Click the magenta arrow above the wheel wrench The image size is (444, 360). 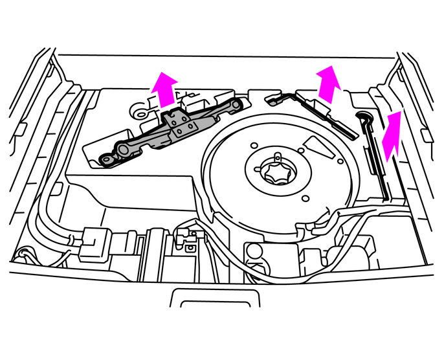[329, 82]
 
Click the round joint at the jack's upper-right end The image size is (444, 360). [238, 105]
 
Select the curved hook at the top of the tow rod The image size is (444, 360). [362, 116]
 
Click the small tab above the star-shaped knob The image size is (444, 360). [276, 155]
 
